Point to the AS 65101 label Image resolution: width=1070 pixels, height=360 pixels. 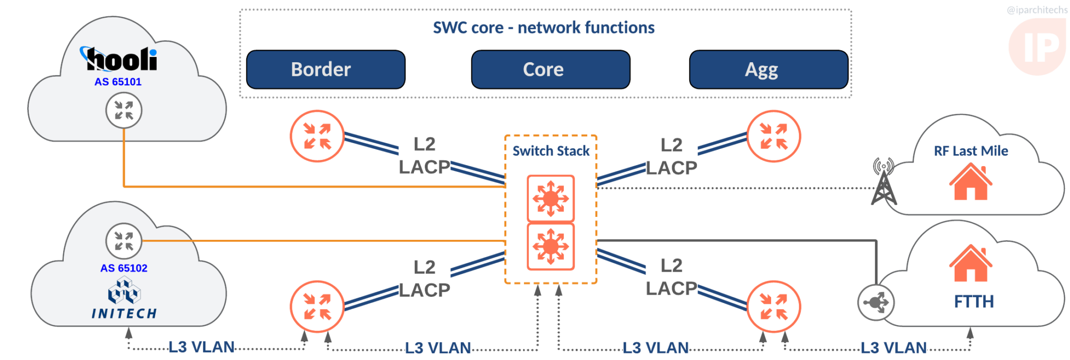click(118, 82)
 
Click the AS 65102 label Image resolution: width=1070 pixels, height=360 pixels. click(124, 268)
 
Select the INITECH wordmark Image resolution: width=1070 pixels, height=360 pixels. click(124, 313)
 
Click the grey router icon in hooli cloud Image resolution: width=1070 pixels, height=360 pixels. click(124, 110)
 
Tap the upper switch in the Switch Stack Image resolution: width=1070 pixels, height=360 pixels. click(551, 199)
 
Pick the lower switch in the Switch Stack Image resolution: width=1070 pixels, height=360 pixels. click(551, 246)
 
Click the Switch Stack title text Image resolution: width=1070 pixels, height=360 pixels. click(551, 151)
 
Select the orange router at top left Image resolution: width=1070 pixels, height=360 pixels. click(317, 136)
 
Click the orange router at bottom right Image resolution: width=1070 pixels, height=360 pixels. click(773, 307)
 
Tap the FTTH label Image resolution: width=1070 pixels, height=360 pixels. click(973, 301)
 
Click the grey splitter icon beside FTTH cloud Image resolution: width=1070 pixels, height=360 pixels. click(876, 302)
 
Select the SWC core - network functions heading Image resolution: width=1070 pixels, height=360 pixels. click(543, 28)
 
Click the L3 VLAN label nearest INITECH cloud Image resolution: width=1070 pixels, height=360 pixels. click(201, 347)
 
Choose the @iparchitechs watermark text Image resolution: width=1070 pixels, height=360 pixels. click(1037, 10)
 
